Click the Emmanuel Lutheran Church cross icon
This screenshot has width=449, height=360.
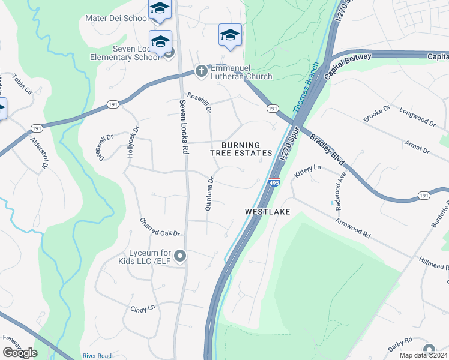(202, 71)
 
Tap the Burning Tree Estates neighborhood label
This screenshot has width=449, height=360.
(241, 149)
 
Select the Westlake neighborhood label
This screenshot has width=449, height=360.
(268, 212)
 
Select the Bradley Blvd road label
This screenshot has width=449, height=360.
(327, 151)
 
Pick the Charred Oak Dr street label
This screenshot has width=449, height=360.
(160, 227)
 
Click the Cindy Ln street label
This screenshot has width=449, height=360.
(143, 308)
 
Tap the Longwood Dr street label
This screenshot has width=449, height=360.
(417, 118)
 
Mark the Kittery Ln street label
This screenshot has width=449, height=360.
(308, 172)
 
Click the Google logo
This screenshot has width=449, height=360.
(20, 352)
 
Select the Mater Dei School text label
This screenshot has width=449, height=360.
(116, 18)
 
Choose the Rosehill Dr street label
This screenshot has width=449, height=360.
(200, 101)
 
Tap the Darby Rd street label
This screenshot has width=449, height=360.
(400, 342)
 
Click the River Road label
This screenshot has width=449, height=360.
(97, 356)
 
